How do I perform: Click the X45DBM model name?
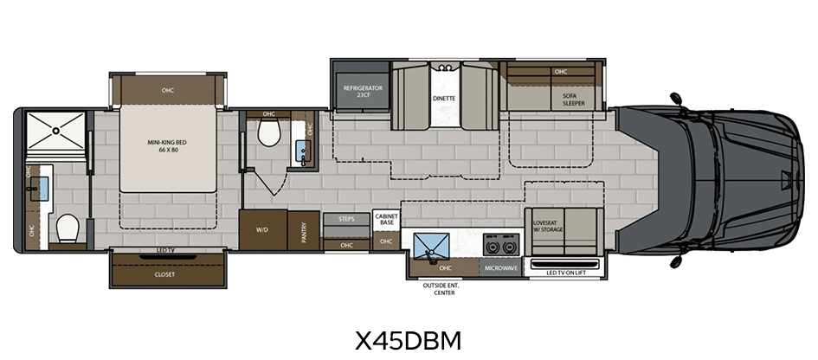click(409, 341)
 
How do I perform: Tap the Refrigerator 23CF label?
click(363, 92)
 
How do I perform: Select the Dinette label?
click(444, 98)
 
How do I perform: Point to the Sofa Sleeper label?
click(573, 100)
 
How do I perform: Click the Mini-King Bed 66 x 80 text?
click(167, 145)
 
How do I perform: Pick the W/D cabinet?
click(263, 229)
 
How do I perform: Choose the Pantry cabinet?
click(304, 230)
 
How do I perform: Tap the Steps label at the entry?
click(346, 219)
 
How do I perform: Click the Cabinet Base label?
click(387, 219)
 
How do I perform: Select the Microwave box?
click(501, 268)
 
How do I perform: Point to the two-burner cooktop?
click(501, 245)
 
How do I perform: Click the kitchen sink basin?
click(431, 245)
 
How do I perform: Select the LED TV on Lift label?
click(566, 273)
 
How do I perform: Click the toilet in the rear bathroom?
click(68, 229)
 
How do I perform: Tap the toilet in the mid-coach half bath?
click(269, 132)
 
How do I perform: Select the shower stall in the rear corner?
click(55, 131)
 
